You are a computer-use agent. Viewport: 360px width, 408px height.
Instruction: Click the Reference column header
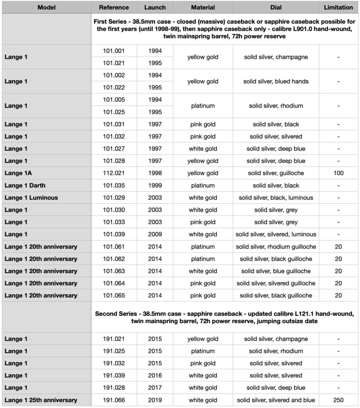(x=114, y=7)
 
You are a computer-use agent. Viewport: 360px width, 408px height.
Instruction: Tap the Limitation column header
(x=338, y=7)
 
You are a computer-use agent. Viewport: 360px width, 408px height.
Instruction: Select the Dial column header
(x=276, y=7)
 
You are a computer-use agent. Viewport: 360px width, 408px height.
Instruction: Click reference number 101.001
(x=114, y=51)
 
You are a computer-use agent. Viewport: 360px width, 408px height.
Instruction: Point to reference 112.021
(x=114, y=173)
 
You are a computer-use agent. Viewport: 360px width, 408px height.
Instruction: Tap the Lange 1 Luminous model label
(x=31, y=198)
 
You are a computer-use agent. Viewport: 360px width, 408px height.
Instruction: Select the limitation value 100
(x=338, y=173)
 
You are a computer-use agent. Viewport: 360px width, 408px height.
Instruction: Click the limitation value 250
(x=338, y=400)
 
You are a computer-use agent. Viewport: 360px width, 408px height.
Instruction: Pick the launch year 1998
(x=155, y=173)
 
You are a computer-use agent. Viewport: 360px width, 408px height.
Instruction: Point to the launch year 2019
(x=155, y=400)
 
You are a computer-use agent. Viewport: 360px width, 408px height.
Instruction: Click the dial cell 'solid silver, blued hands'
(x=276, y=81)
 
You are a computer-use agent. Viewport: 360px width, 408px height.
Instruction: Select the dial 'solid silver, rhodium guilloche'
(x=276, y=246)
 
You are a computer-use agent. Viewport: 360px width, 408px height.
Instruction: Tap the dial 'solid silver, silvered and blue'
(x=276, y=400)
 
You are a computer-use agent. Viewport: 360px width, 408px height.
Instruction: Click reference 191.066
(x=114, y=400)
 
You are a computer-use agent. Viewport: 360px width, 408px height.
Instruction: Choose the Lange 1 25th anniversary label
(x=41, y=400)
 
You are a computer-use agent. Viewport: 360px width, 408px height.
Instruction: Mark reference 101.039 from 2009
(x=114, y=234)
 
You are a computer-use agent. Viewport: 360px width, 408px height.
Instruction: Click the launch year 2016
(x=155, y=375)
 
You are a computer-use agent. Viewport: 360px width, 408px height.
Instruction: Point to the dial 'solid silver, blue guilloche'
(x=276, y=271)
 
